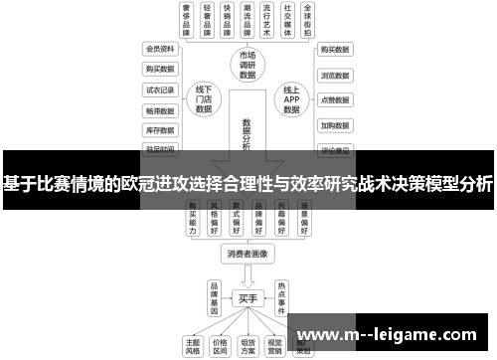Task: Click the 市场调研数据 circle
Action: click(x=248, y=64)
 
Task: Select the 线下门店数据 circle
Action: click(x=204, y=99)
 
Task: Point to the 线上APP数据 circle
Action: click(x=291, y=99)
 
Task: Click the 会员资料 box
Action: click(x=161, y=48)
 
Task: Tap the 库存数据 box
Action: click(x=161, y=130)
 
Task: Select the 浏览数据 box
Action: click(x=334, y=74)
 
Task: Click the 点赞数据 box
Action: click(x=334, y=99)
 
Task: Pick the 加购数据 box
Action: click(x=334, y=125)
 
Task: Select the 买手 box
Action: click(x=248, y=296)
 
